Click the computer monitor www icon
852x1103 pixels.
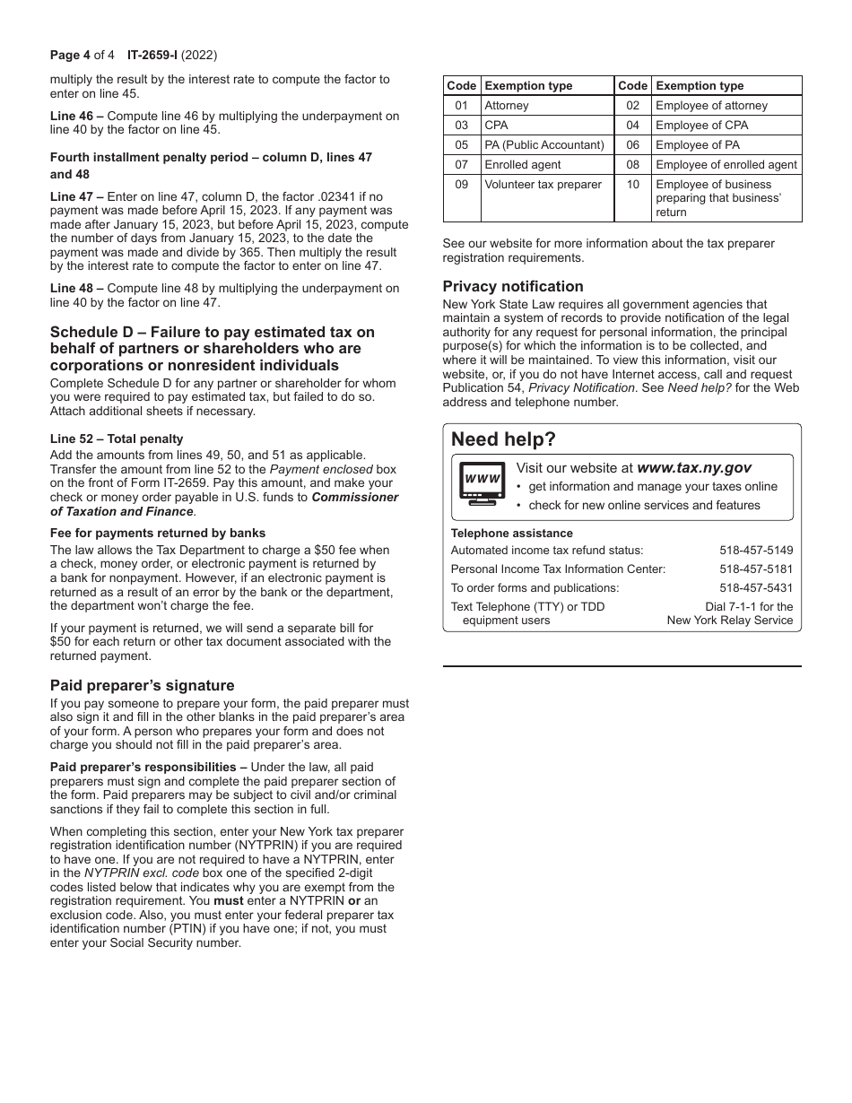[x=482, y=483]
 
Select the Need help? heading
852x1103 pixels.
[x=503, y=439]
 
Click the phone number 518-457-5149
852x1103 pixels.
[x=755, y=551]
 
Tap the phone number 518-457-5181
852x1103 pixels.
[x=755, y=569]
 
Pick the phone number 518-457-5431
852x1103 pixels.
[x=755, y=588]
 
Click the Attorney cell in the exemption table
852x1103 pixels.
[x=507, y=106]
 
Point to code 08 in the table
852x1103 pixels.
[x=632, y=165]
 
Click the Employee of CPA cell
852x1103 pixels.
[x=701, y=126]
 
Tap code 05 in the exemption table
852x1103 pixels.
[x=461, y=145]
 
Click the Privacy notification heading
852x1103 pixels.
[x=512, y=287]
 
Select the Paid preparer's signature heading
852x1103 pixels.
[x=142, y=686]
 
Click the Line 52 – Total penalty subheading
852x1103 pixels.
[x=117, y=439]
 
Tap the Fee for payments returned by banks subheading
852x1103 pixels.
[x=158, y=534]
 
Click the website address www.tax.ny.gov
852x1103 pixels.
[x=693, y=468]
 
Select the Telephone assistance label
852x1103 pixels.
[x=511, y=534]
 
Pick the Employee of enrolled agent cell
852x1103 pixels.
[x=726, y=165]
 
